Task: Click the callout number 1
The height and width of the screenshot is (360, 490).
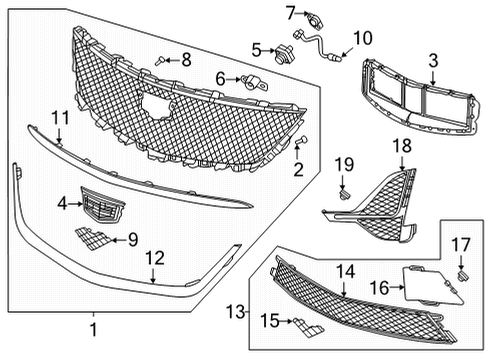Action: pyautogui.click(x=94, y=327)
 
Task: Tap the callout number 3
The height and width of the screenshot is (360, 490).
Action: pyautogui.click(x=433, y=61)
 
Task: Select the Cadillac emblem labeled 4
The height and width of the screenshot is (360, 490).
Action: pyautogui.click(x=99, y=205)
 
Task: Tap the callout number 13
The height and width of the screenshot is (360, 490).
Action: pyautogui.click(x=236, y=313)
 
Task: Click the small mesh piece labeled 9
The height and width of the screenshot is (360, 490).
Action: pyautogui.click(x=95, y=237)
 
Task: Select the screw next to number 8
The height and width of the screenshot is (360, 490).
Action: pyautogui.click(x=161, y=62)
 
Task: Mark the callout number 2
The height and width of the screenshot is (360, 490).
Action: pyautogui.click(x=297, y=170)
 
